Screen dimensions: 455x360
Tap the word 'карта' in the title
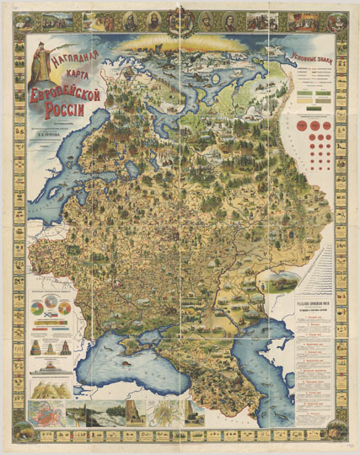click(78, 78)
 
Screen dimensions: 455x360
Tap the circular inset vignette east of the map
click(275, 286)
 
